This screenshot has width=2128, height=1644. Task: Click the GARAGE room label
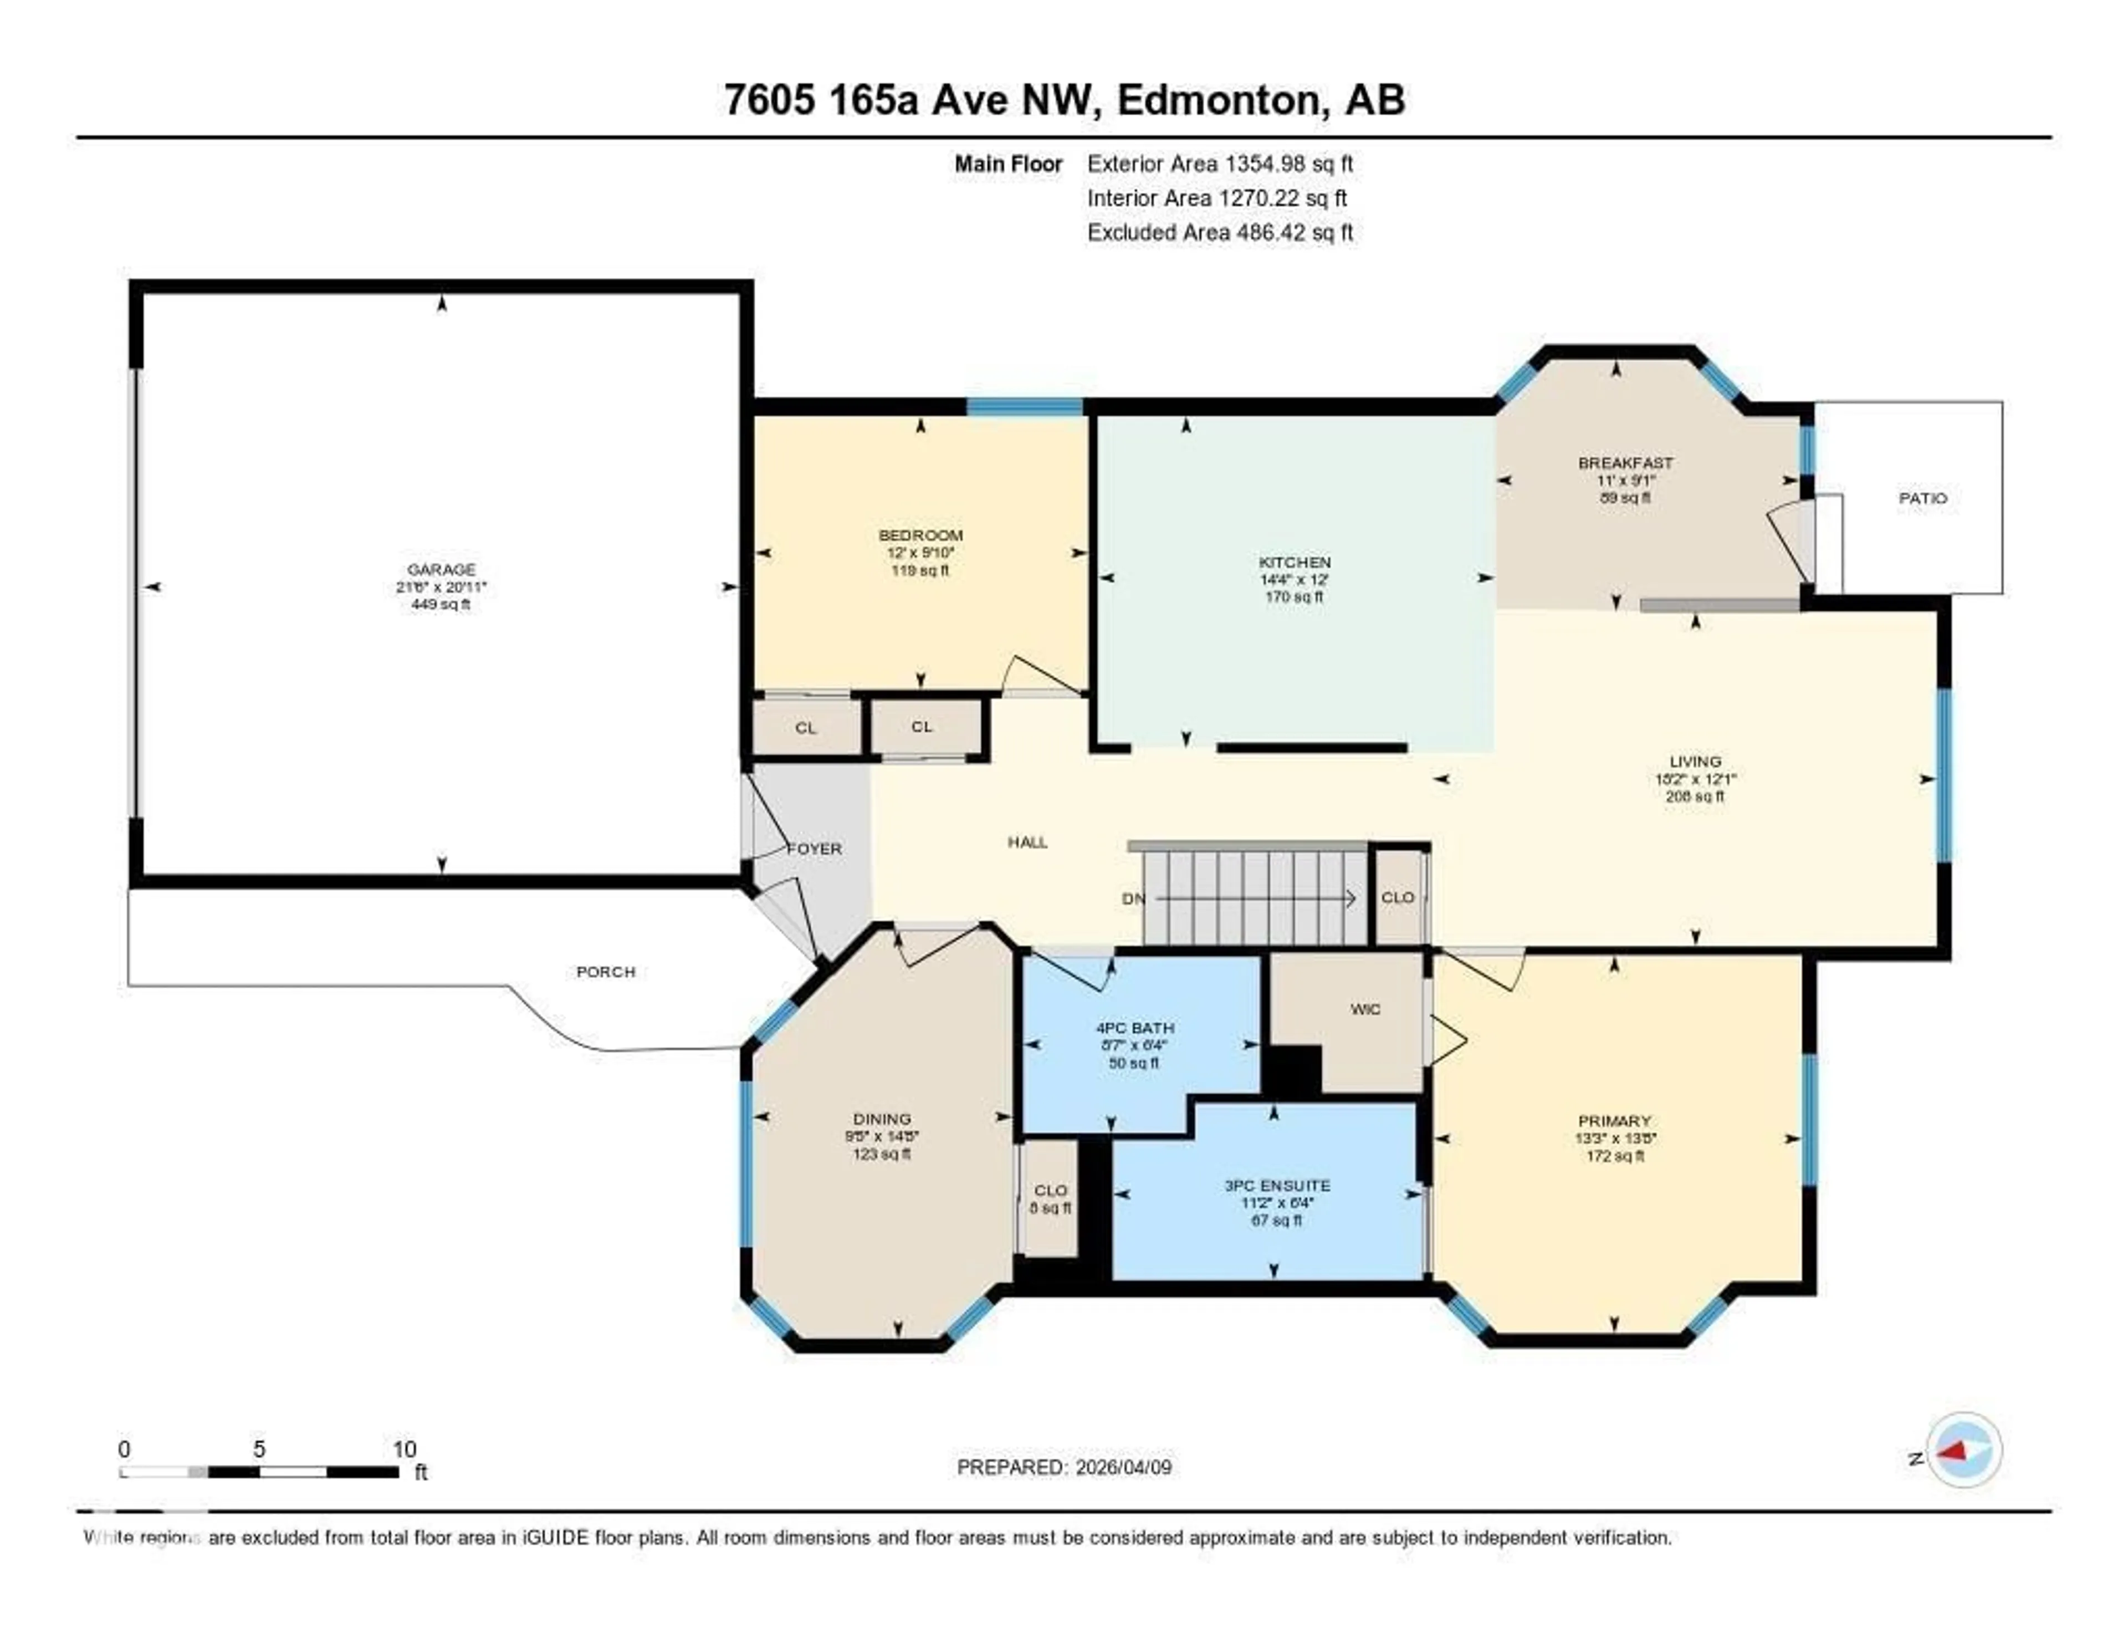441,569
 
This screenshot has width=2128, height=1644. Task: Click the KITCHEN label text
1294,562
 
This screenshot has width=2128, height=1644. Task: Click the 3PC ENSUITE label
1276,1186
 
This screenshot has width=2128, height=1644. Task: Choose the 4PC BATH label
1134,1028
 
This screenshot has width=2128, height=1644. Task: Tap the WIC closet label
1365,1009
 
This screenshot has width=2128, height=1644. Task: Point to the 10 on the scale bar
405,1449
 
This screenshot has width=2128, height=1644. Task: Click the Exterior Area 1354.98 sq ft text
1220,164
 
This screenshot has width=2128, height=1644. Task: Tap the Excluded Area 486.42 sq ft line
1220,232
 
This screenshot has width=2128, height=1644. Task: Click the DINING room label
882,1119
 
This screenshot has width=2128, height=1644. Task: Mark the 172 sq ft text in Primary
1614,1156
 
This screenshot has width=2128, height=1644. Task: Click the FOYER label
815,849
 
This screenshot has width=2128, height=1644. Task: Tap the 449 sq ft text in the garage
441,604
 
